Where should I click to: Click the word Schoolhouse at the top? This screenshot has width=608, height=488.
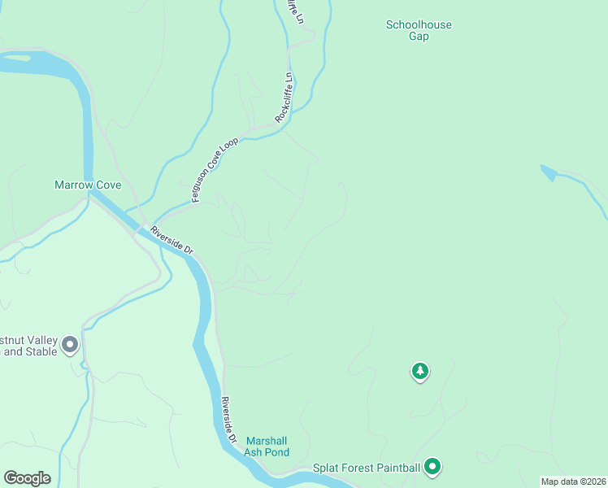coord(418,24)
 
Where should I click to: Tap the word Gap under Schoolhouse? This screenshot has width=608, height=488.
coord(418,37)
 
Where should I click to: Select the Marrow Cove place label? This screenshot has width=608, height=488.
coord(88,185)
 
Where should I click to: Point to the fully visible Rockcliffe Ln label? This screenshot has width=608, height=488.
coord(284,98)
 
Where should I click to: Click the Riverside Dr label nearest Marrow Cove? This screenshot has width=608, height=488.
coord(171,242)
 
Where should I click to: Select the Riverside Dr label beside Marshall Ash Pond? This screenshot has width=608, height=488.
coord(230,419)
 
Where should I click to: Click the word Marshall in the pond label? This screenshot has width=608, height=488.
coord(267,441)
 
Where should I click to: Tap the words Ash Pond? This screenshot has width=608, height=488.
coord(267,452)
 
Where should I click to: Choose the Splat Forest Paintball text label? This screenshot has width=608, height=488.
coord(367,468)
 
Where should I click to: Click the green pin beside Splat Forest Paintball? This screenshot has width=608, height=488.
coord(433,466)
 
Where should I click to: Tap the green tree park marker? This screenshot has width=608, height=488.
coord(419,372)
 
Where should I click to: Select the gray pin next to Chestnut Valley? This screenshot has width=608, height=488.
coord(70,345)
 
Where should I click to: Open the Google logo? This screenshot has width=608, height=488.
coord(27,478)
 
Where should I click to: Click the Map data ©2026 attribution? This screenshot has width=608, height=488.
coord(573,481)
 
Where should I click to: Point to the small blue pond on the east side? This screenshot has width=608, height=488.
coord(549,172)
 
